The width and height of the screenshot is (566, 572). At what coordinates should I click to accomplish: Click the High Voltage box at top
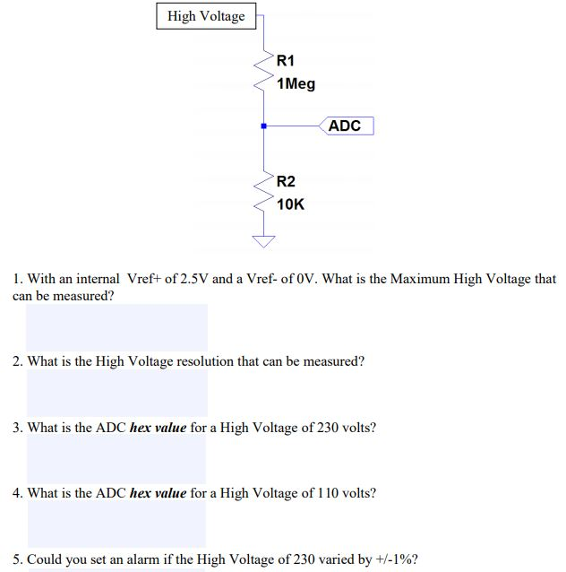pyautogui.click(x=205, y=16)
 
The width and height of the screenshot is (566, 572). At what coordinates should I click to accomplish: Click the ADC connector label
pyautogui.click(x=345, y=126)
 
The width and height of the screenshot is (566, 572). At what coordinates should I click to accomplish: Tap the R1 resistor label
pyautogui.click(x=286, y=61)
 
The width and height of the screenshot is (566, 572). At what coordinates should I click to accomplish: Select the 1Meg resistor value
pyautogui.click(x=296, y=84)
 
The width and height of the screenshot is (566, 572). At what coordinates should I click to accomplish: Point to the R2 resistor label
pyautogui.click(x=286, y=181)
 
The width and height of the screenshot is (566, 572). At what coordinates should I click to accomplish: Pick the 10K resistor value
pyautogui.click(x=290, y=204)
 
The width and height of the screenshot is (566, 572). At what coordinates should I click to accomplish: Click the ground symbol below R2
pyautogui.click(x=263, y=240)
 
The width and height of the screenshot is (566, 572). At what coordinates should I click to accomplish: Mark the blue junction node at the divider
pyautogui.click(x=263, y=126)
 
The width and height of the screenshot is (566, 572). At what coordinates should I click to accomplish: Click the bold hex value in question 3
pyautogui.click(x=158, y=428)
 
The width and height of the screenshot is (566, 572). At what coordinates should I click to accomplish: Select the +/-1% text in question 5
pyautogui.click(x=396, y=559)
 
